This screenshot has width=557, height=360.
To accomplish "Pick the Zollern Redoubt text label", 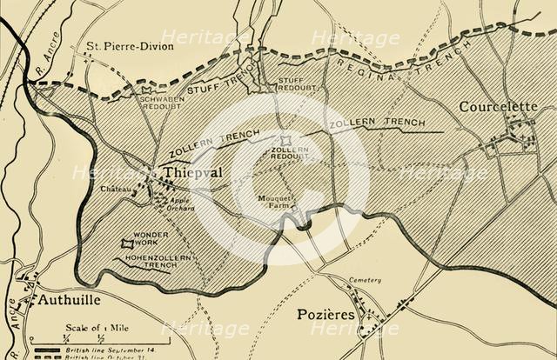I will pos(290,154).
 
